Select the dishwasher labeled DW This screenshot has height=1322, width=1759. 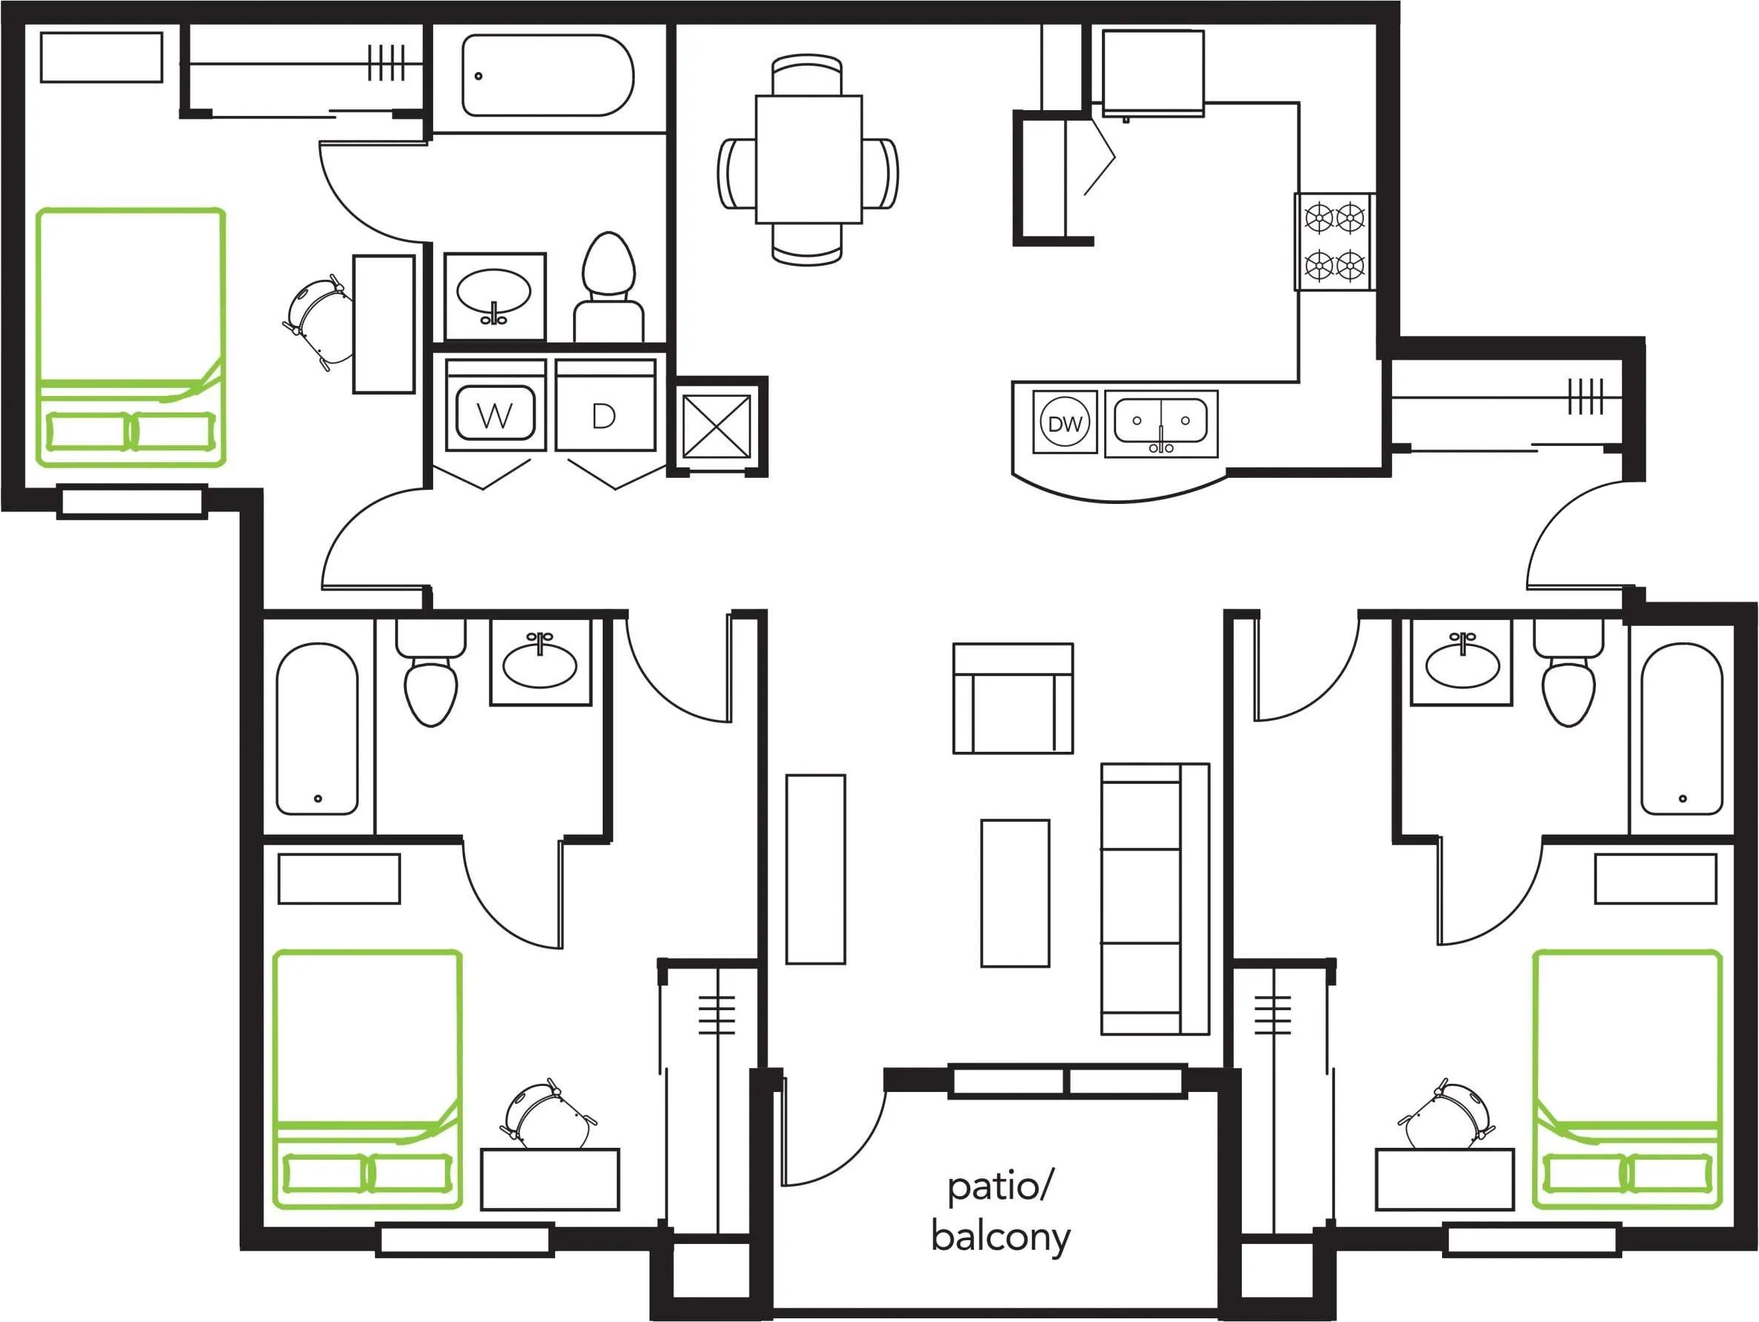click(x=1064, y=422)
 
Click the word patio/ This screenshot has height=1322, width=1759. click(x=1000, y=1187)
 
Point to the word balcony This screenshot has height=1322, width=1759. click(x=1000, y=1237)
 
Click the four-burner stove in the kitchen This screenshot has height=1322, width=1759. click(x=1334, y=241)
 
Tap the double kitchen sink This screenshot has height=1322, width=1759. click(x=1161, y=423)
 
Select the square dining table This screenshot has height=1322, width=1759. click(x=809, y=159)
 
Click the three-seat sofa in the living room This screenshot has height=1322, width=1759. click(x=1155, y=899)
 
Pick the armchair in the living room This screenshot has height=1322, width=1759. click(x=1013, y=697)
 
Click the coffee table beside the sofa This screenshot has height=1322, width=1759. click(x=1015, y=893)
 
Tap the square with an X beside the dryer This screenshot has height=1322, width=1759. click(x=717, y=427)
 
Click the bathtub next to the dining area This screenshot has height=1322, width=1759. click(x=548, y=74)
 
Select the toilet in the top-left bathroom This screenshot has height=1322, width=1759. click(x=609, y=287)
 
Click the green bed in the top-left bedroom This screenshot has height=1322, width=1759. click(x=131, y=337)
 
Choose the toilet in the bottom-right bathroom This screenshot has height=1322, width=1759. click(x=1569, y=673)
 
